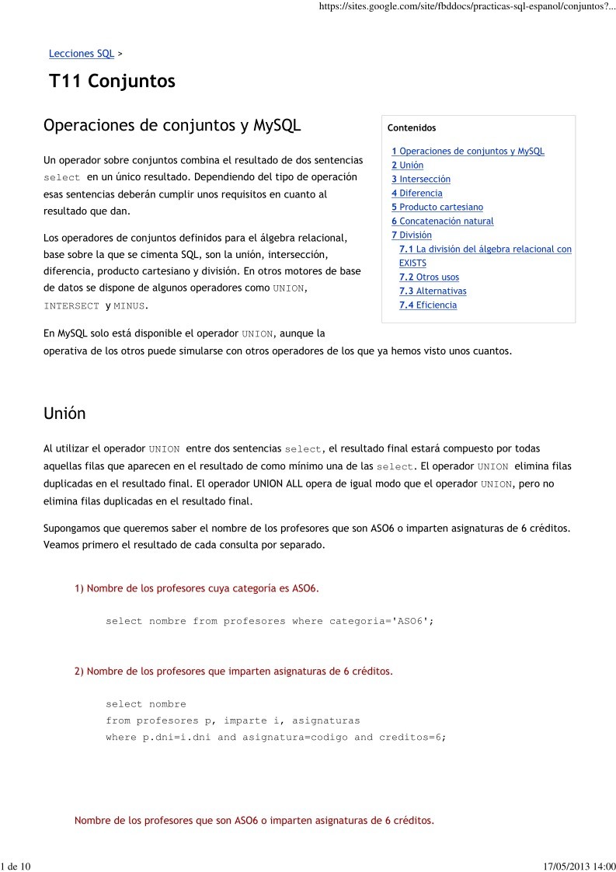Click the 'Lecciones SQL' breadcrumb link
[81, 54]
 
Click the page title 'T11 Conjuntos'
[112, 82]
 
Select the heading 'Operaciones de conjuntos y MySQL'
[172, 126]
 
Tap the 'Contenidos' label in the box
[412, 128]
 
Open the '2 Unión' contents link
[407, 166]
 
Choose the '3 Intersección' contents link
[420, 180]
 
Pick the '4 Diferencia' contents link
[416, 194]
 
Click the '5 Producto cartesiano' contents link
[437, 208]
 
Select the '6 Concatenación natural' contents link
[442, 221]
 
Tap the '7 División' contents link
[411, 235]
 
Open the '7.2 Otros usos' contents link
[429, 277]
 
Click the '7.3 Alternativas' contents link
[433, 291]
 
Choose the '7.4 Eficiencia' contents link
[428, 305]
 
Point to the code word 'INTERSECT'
[71, 306]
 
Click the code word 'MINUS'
[129, 306]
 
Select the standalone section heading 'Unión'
[64, 414]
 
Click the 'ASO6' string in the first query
[409, 622]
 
